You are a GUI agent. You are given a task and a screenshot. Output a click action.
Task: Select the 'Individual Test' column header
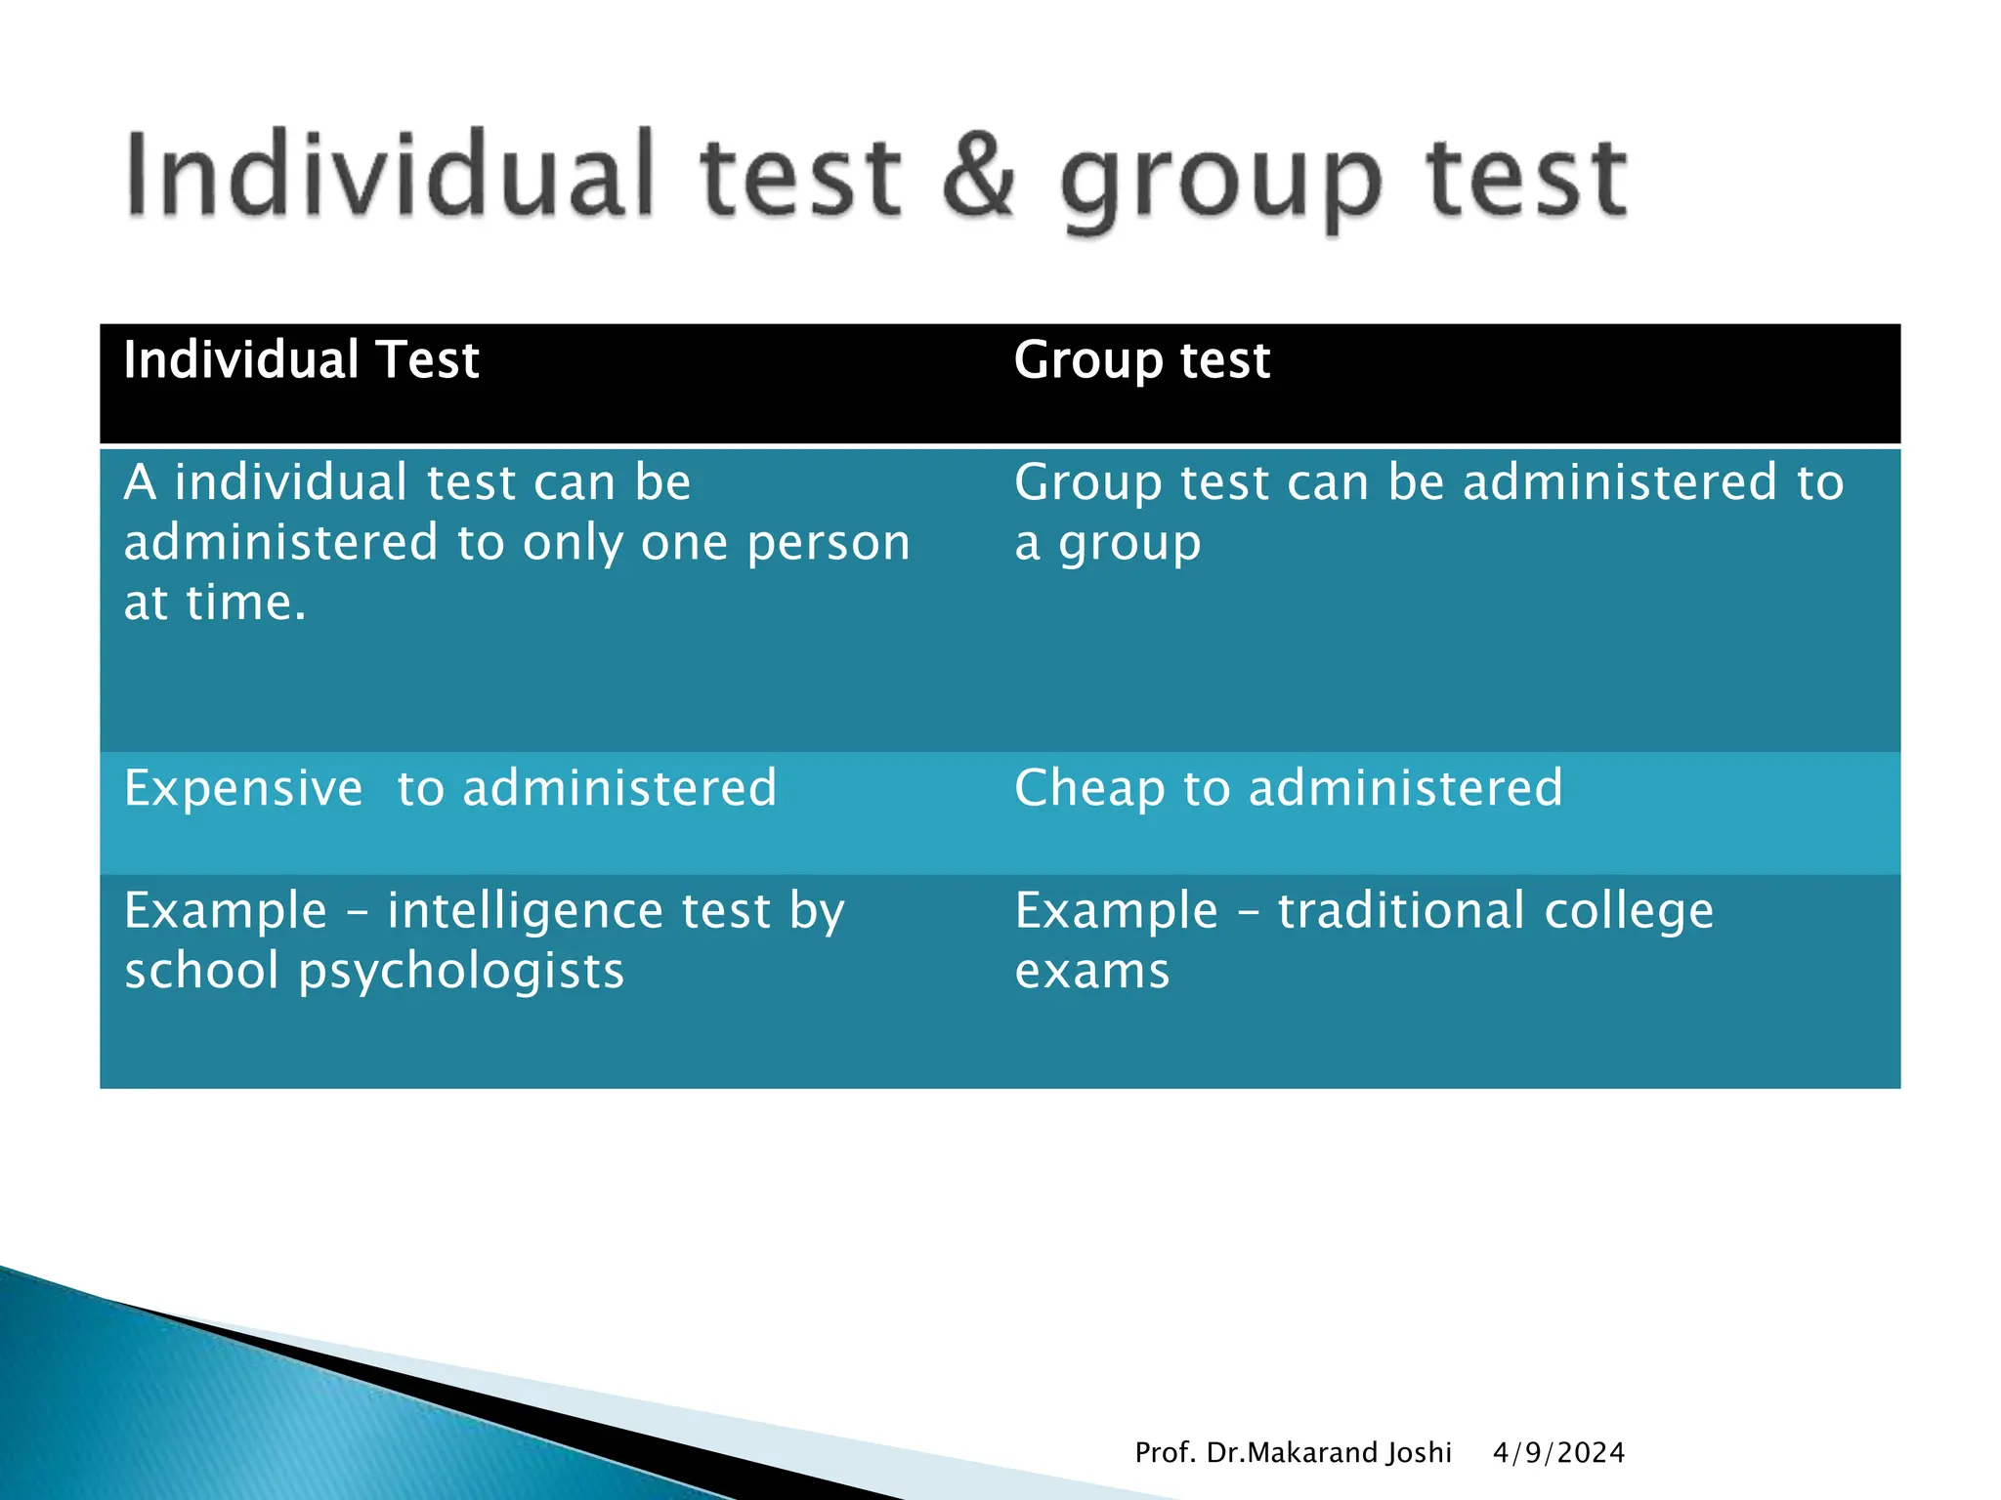(301, 360)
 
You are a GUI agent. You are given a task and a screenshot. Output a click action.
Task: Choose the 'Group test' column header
(1141, 360)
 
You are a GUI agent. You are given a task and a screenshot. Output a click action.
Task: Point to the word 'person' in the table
(829, 544)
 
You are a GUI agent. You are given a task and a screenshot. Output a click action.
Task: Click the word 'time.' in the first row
(246, 603)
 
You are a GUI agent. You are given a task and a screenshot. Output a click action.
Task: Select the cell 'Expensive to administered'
(450, 788)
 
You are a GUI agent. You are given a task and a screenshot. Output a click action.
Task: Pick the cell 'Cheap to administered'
(1288, 788)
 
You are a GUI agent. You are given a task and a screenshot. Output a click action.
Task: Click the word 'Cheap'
(1089, 788)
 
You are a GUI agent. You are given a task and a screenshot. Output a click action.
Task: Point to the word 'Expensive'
(243, 788)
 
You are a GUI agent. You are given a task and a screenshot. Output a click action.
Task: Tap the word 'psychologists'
(461, 972)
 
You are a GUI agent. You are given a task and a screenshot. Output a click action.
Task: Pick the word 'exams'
(1092, 972)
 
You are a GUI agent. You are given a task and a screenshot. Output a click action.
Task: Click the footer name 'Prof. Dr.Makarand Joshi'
(1293, 1453)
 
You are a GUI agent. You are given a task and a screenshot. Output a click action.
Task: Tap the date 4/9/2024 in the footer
(1558, 1453)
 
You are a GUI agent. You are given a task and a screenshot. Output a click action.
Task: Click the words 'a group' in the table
(1107, 545)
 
